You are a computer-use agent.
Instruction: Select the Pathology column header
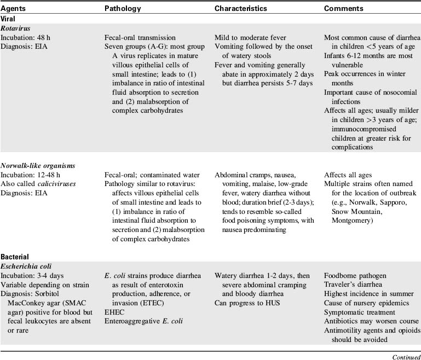123,8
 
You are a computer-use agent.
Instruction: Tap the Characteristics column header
241,8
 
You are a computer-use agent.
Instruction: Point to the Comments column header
343,8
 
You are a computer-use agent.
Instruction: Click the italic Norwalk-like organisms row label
38,165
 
